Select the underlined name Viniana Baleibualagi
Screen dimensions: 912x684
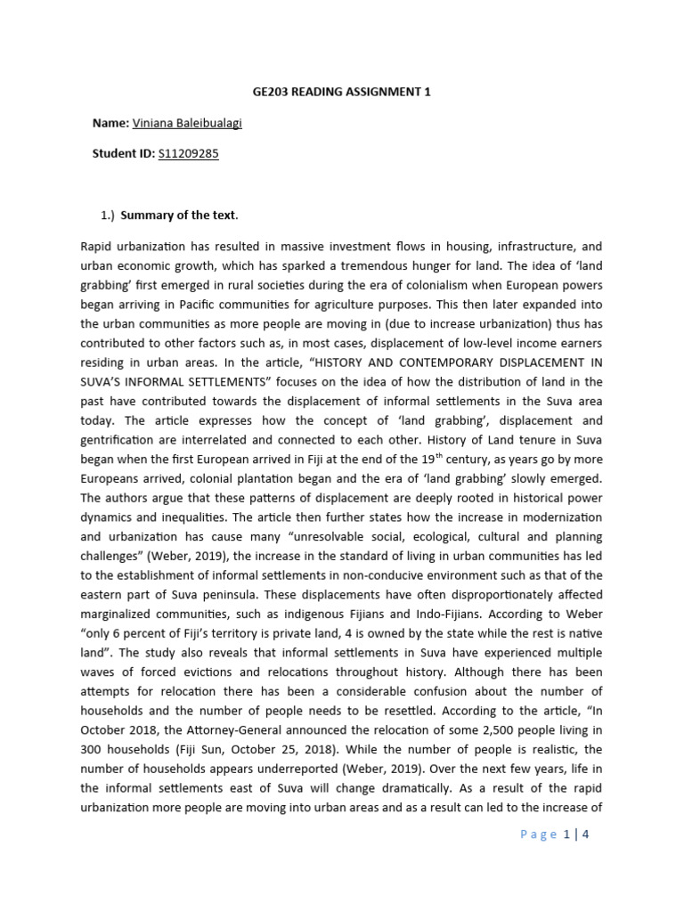187,123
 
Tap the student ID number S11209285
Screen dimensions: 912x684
188,153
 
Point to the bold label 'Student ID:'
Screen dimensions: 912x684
124,153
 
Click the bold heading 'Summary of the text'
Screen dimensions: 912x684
177,215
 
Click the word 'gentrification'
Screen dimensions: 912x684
118,439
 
